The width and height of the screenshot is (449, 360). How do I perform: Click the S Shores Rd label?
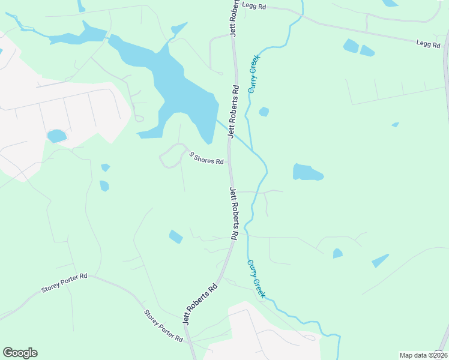206,158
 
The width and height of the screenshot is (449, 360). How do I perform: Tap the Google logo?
20,353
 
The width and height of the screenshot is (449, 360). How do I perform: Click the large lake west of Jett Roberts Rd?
180,90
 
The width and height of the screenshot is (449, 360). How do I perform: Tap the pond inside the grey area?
56,136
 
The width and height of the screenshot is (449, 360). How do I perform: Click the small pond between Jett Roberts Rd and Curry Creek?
264,112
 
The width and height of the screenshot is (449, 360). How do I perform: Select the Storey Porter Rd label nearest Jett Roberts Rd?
163,326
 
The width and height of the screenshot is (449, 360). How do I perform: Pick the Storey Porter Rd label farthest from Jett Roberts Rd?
65,282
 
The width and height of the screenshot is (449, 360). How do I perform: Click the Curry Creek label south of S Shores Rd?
255,278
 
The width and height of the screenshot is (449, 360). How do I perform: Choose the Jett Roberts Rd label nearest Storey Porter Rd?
199,304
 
